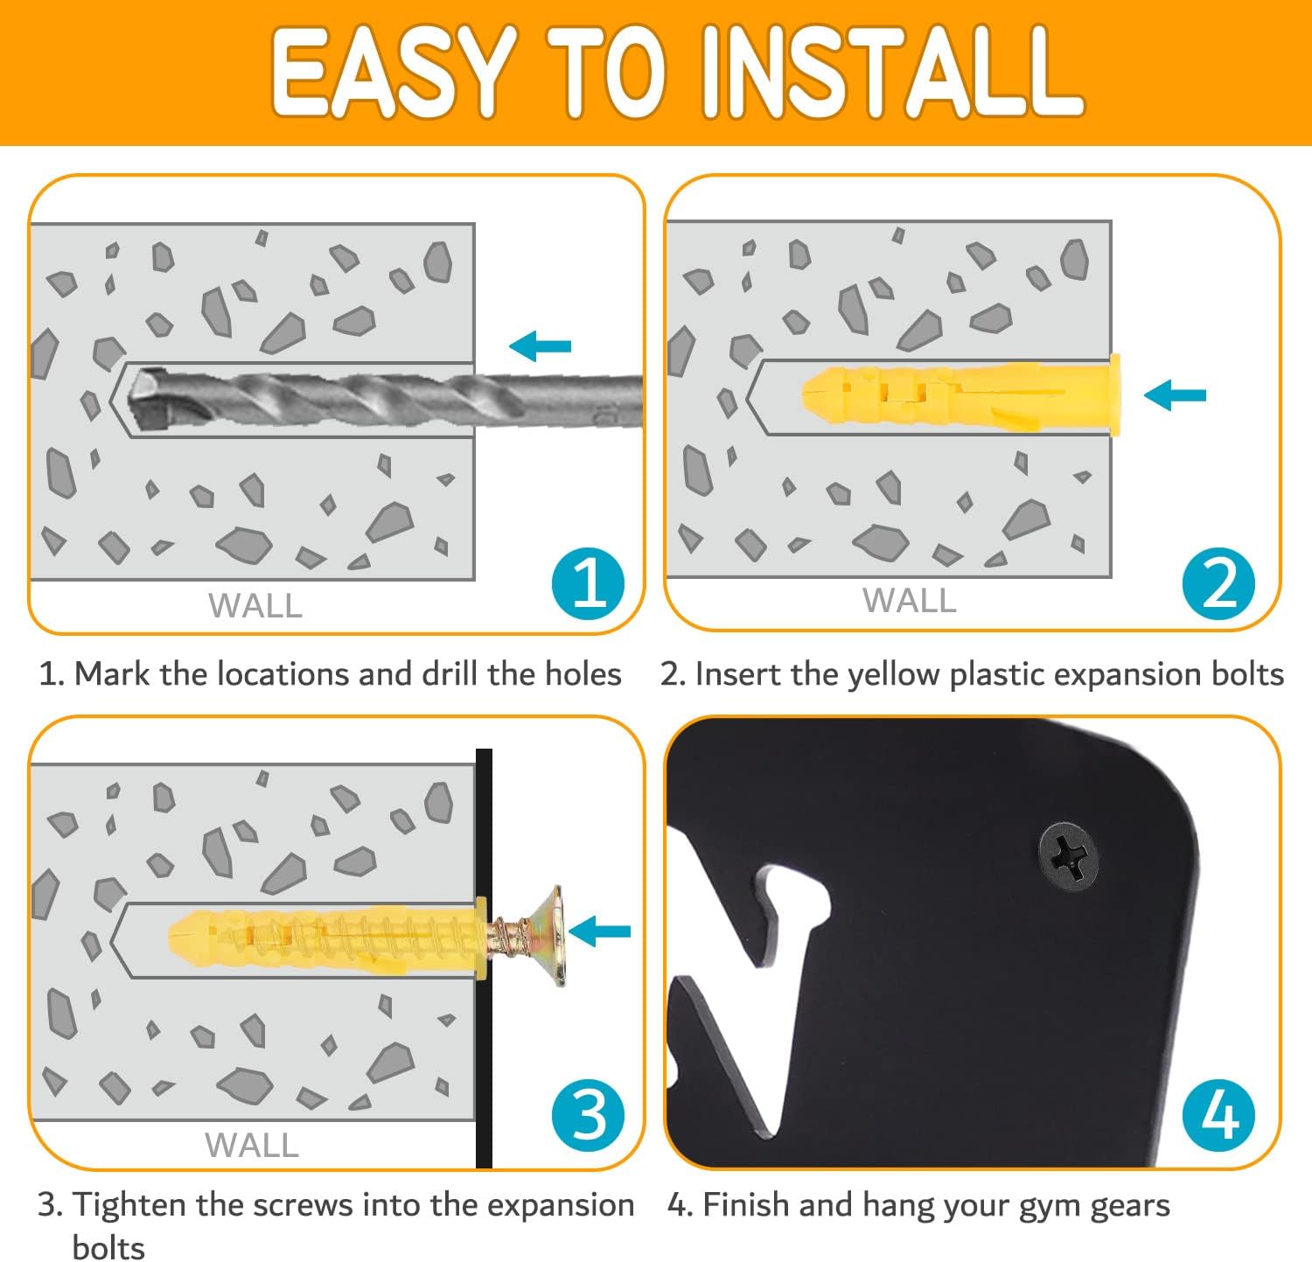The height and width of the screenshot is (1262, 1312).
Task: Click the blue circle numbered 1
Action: (x=589, y=583)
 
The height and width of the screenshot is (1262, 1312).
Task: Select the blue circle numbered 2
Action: (x=1218, y=583)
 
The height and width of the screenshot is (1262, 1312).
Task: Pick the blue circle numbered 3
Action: (x=589, y=1115)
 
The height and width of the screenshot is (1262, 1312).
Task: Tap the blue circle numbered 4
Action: (x=1218, y=1115)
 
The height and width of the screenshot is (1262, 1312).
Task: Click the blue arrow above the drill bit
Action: (x=540, y=346)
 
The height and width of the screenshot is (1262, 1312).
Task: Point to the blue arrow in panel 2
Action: (x=1175, y=395)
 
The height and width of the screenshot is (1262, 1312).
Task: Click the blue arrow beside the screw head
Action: (x=599, y=931)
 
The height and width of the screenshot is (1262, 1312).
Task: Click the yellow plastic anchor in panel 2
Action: (x=960, y=394)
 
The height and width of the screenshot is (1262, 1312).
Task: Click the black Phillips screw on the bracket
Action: (x=1068, y=855)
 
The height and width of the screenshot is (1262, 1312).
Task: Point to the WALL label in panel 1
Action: (x=255, y=605)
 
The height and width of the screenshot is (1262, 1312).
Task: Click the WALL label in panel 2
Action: (x=910, y=601)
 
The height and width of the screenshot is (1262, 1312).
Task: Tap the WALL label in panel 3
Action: (x=252, y=1145)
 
